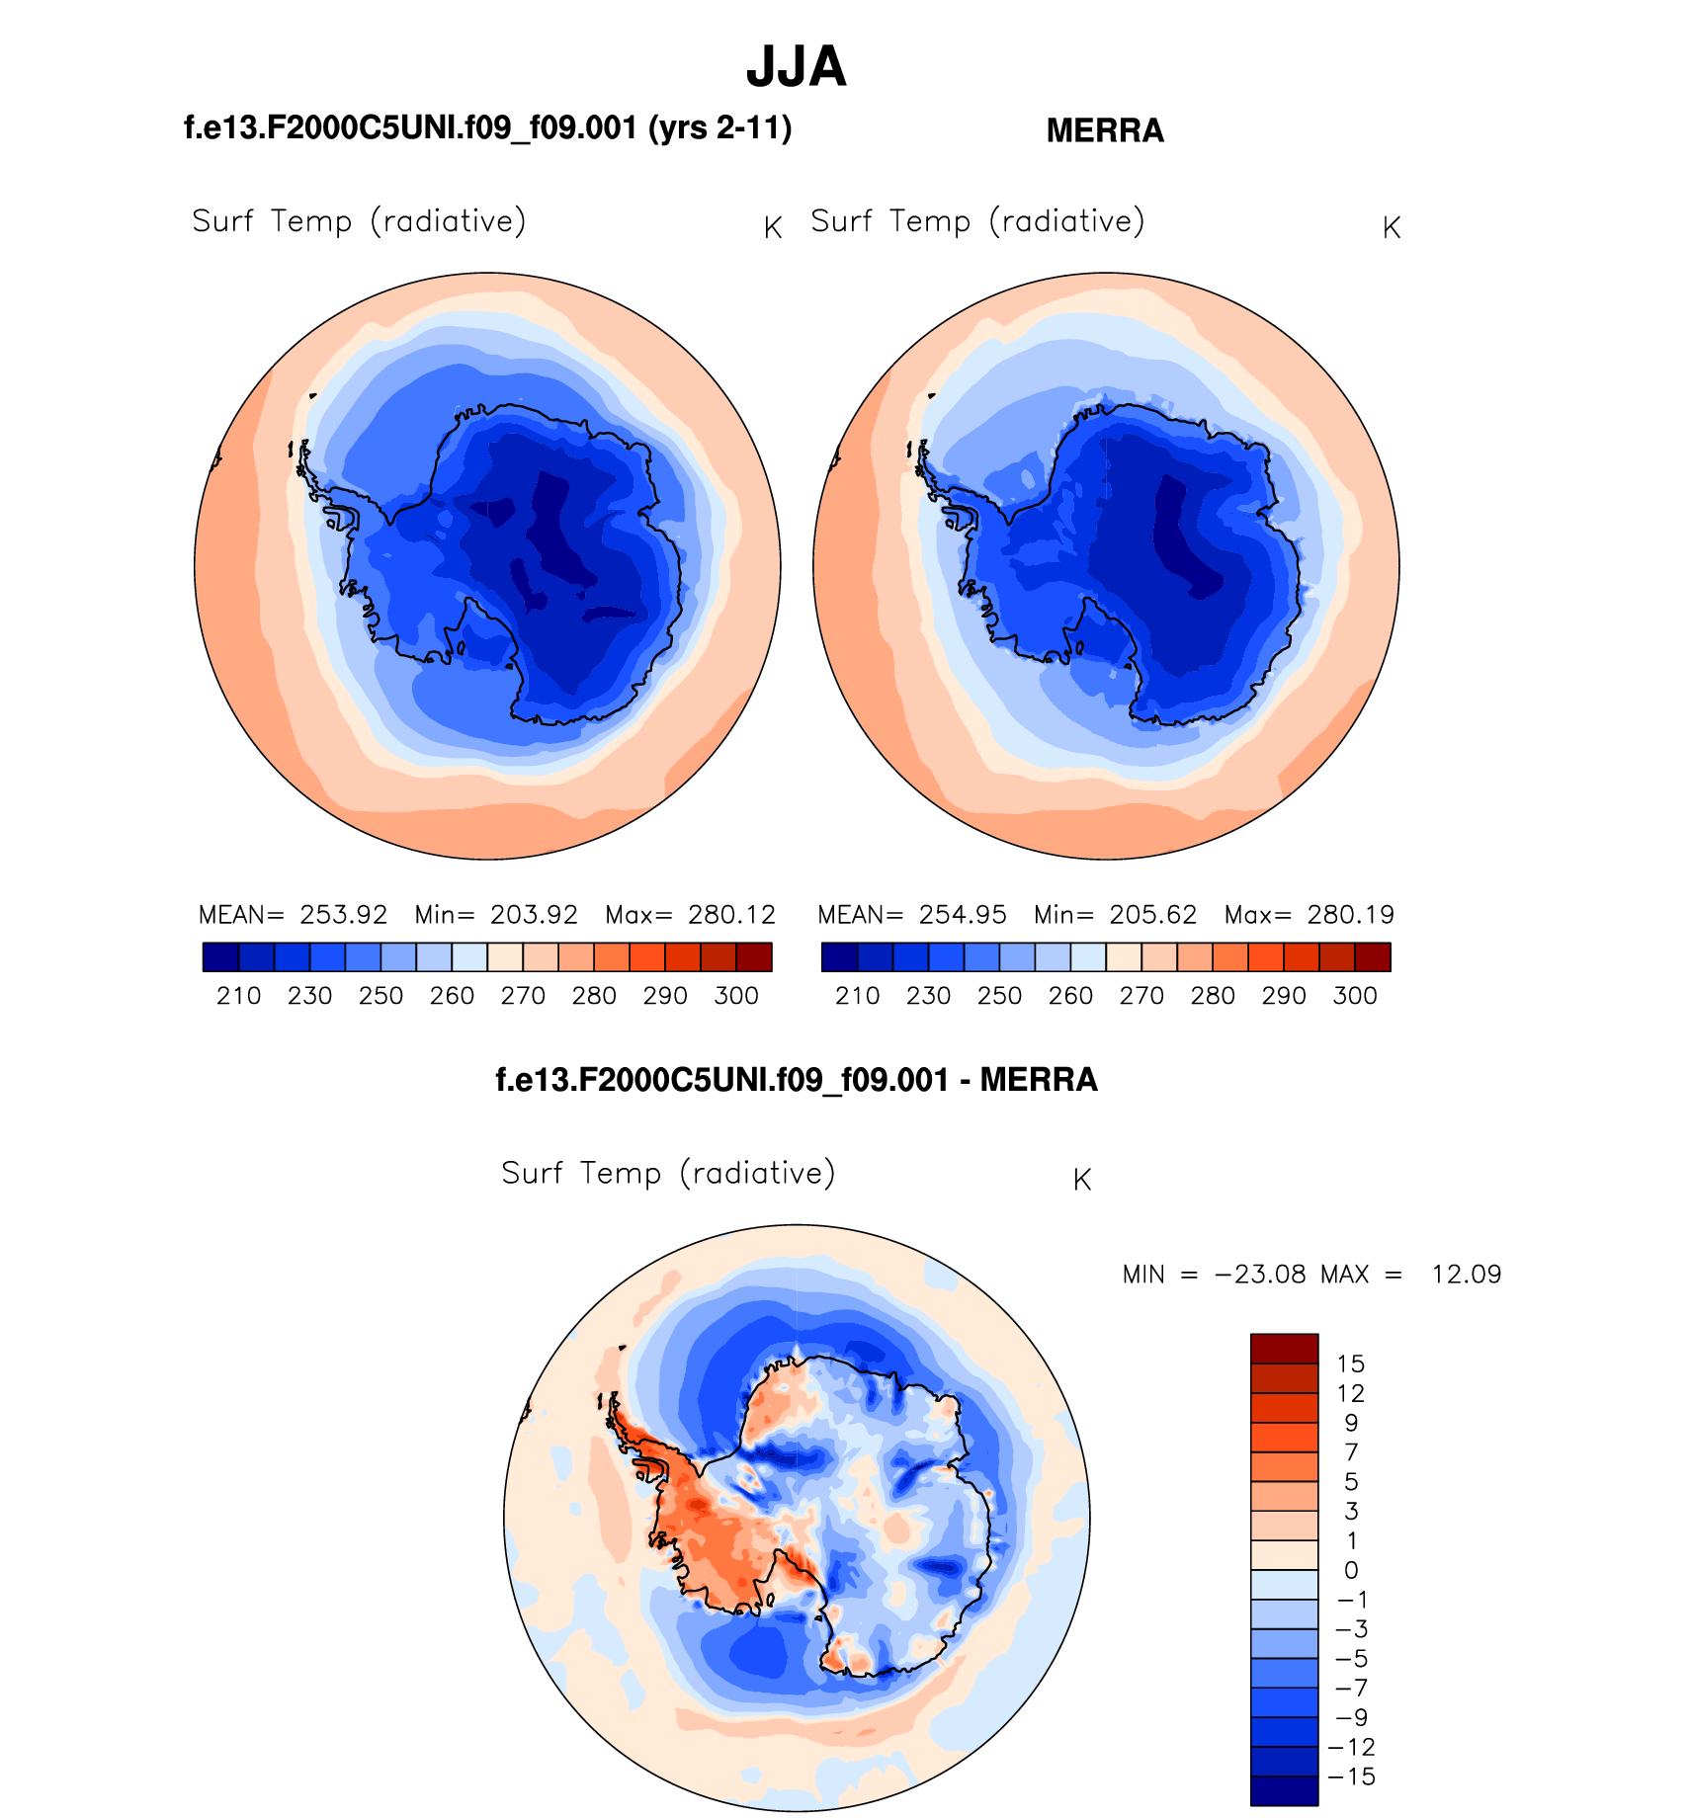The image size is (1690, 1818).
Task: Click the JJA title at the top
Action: (x=796, y=67)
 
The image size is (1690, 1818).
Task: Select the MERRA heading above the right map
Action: (x=1105, y=130)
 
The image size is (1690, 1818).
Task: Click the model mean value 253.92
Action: (x=344, y=915)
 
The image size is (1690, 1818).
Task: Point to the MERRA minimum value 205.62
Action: (x=1153, y=915)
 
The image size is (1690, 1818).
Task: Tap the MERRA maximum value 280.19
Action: (x=1350, y=915)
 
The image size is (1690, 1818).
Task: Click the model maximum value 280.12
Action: (x=731, y=915)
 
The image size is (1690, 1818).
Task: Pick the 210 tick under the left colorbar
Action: (x=238, y=996)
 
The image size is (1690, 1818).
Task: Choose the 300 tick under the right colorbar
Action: (x=1355, y=996)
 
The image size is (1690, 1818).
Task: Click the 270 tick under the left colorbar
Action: (x=523, y=996)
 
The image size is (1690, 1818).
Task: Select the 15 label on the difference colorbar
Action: (x=1351, y=1364)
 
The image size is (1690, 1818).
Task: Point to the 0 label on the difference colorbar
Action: (x=1351, y=1571)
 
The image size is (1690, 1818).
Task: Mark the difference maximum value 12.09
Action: (x=1467, y=1275)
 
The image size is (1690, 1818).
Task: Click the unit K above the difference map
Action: (x=1082, y=1180)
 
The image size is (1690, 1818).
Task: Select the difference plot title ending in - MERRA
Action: (x=797, y=1080)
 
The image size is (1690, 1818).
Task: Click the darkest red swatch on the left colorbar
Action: (x=754, y=957)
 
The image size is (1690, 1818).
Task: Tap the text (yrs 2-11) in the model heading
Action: (x=719, y=128)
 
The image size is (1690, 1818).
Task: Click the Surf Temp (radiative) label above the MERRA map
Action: (x=977, y=221)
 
